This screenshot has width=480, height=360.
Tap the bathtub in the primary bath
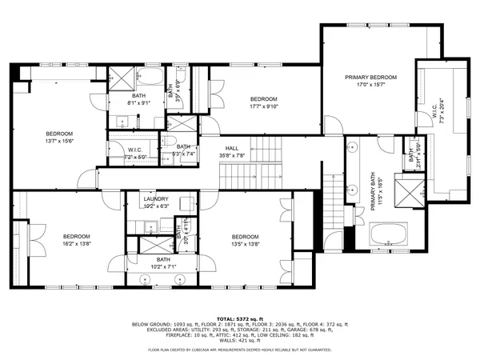[x=390, y=235]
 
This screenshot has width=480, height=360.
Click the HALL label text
[x=232, y=148]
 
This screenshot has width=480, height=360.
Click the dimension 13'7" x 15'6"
[x=59, y=141]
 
